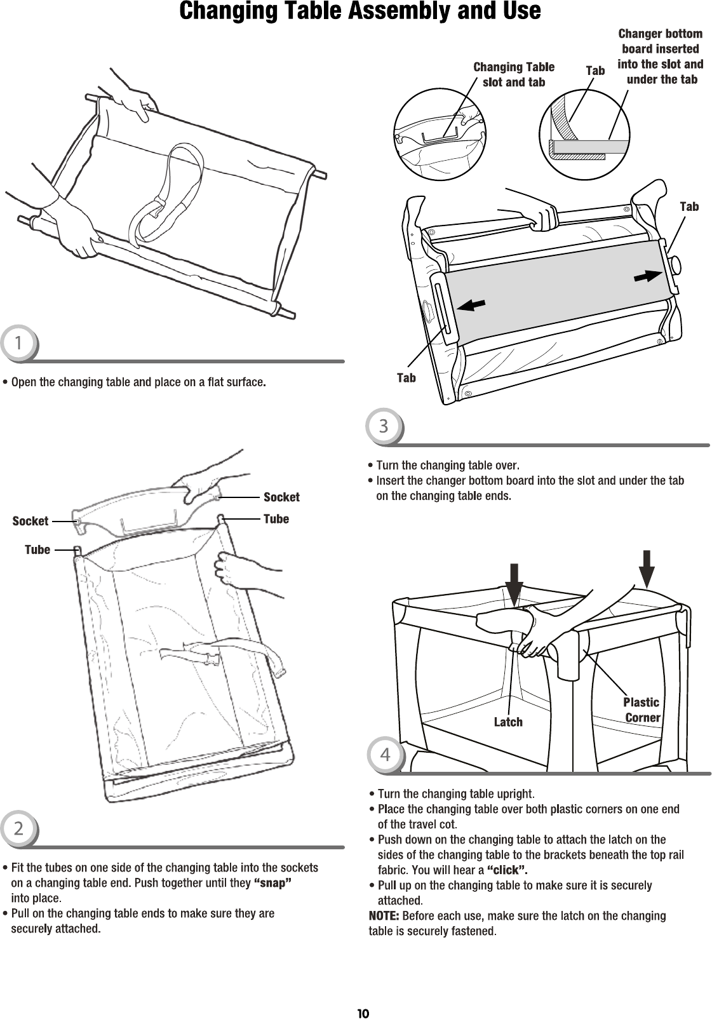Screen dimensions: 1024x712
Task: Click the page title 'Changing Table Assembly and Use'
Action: coord(360,11)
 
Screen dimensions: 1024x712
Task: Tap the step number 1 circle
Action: coord(19,344)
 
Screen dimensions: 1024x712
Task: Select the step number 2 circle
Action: coord(19,828)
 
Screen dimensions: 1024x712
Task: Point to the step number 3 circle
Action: coord(384,426)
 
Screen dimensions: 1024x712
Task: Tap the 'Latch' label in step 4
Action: coord(508,722)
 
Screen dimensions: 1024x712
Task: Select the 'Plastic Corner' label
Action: coord(641,710)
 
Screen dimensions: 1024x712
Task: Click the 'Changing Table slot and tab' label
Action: coord(514,74)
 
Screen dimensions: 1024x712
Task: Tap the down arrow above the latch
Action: coord(514,582)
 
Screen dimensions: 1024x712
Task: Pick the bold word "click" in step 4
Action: coord(507,870)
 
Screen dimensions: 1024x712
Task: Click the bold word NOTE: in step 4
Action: coord(384,915)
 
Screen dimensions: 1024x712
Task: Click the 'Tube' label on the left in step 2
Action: coord(37,549)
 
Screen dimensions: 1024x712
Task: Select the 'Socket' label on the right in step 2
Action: coord(281,497)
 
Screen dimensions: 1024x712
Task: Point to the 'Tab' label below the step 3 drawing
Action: coord(406,378)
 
